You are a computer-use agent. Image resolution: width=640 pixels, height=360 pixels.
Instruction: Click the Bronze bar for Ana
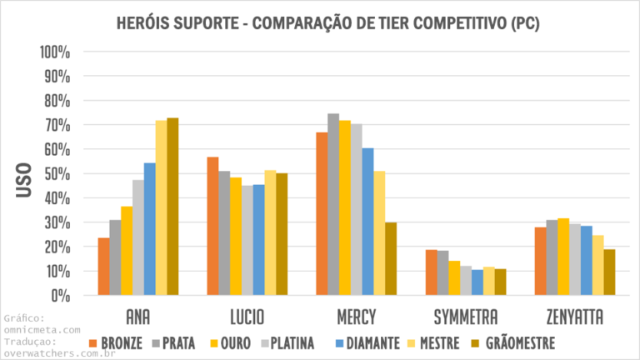[103, 267]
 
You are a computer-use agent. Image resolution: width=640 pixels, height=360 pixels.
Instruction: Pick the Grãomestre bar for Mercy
[391, 258]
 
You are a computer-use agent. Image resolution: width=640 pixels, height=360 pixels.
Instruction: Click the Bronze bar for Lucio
[212, 226]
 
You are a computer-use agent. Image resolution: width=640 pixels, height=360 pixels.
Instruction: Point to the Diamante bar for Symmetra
[477, 282]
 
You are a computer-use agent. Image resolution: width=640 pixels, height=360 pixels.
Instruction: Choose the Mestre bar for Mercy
[379, 233]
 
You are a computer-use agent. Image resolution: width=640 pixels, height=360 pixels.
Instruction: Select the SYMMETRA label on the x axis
[466, 317]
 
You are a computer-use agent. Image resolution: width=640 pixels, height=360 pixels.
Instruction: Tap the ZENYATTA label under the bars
[575, 317]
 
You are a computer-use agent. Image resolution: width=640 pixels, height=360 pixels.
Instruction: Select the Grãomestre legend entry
[517, 342]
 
